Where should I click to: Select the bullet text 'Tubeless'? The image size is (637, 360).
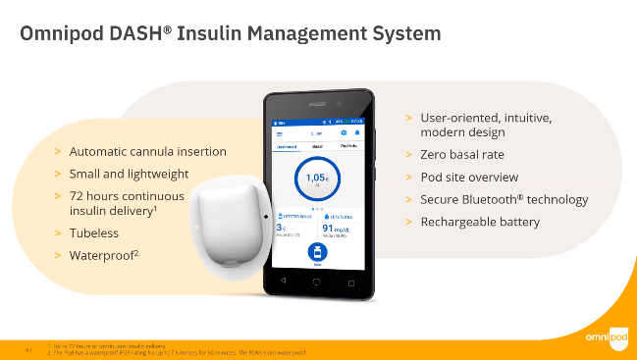[95, 234]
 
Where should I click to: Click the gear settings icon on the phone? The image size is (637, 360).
[344, 131]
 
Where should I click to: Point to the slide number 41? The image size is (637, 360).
[28, 346]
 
